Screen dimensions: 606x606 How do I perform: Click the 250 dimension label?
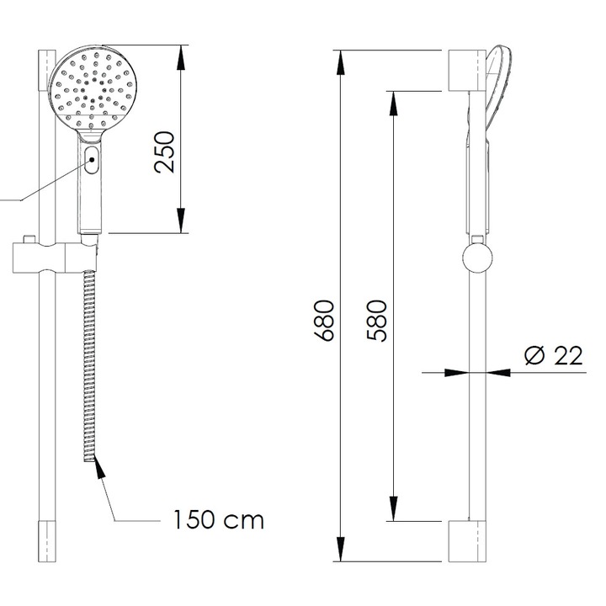pyautogui.click(x=167, y=151)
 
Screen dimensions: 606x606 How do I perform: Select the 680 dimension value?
pyautogui.click(x=327, y=320)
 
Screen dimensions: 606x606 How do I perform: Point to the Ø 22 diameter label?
pyautogui.click(x=553, y=356)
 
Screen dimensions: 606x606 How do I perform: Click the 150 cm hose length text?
pyautogui.click(x=219, y=519)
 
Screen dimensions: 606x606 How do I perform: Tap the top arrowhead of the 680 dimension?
pyautogui.click(x=341, y=61)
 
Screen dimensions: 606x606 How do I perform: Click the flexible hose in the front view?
pyautogui.click(x=89, y=362)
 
